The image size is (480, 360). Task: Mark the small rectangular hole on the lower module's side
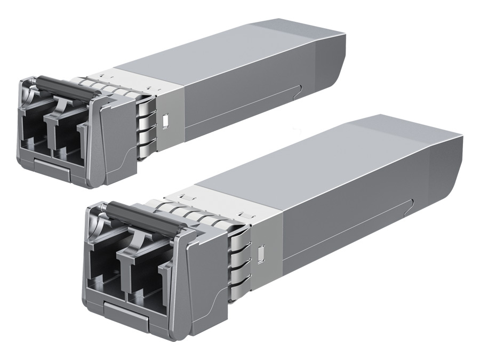click(x=261, y=253)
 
